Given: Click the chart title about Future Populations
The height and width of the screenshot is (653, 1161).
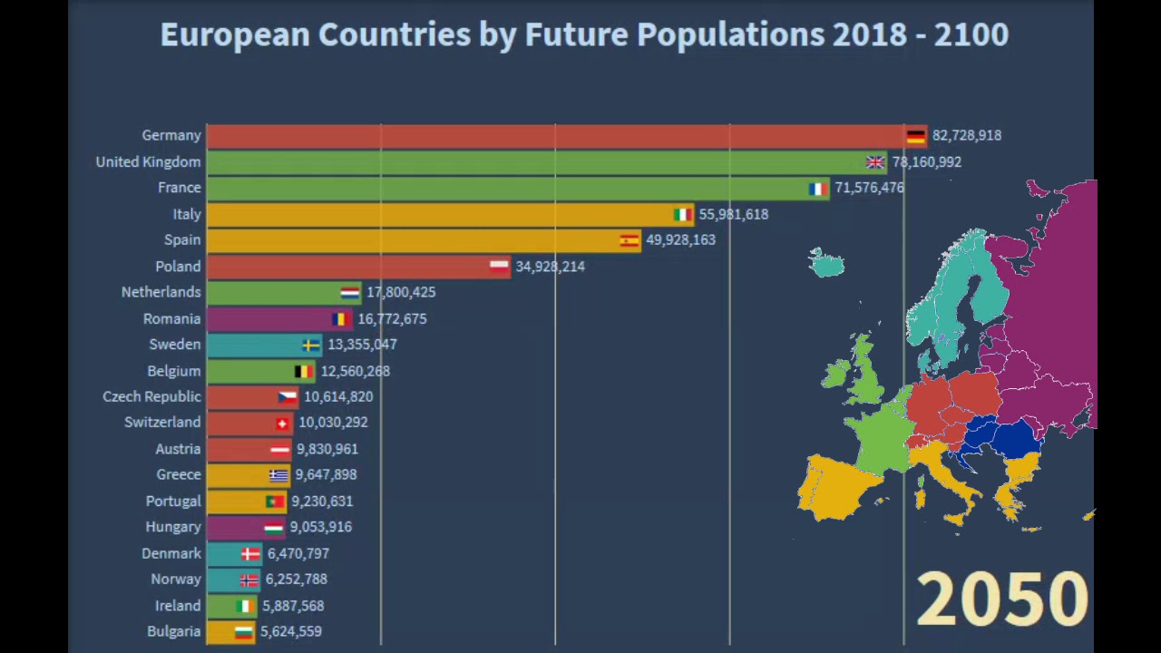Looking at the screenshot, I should [584, 34].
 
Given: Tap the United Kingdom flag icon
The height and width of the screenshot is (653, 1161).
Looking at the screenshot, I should [874, 162].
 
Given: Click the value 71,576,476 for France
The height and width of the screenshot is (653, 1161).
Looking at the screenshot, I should [869, 188].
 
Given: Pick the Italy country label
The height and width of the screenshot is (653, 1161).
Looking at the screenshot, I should [187, 214].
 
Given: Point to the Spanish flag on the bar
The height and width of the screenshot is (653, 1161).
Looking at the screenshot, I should [629, 240].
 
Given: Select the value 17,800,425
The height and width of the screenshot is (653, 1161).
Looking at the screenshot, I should [401, 292].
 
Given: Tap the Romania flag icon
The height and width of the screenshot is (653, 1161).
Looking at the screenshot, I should [340, 319].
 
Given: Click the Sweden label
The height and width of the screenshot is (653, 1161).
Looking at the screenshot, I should [175, 345].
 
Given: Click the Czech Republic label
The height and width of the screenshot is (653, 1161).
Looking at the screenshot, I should [151, 396].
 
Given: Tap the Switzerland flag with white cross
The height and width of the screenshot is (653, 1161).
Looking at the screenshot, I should [282, 424].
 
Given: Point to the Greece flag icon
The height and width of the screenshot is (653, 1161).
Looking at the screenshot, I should [278, 475].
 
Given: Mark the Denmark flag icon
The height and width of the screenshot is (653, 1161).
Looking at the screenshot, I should [250, 553].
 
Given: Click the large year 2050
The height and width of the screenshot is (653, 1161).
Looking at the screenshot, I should [1001, 599].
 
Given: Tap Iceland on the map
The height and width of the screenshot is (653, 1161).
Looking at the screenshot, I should [827, 264].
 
